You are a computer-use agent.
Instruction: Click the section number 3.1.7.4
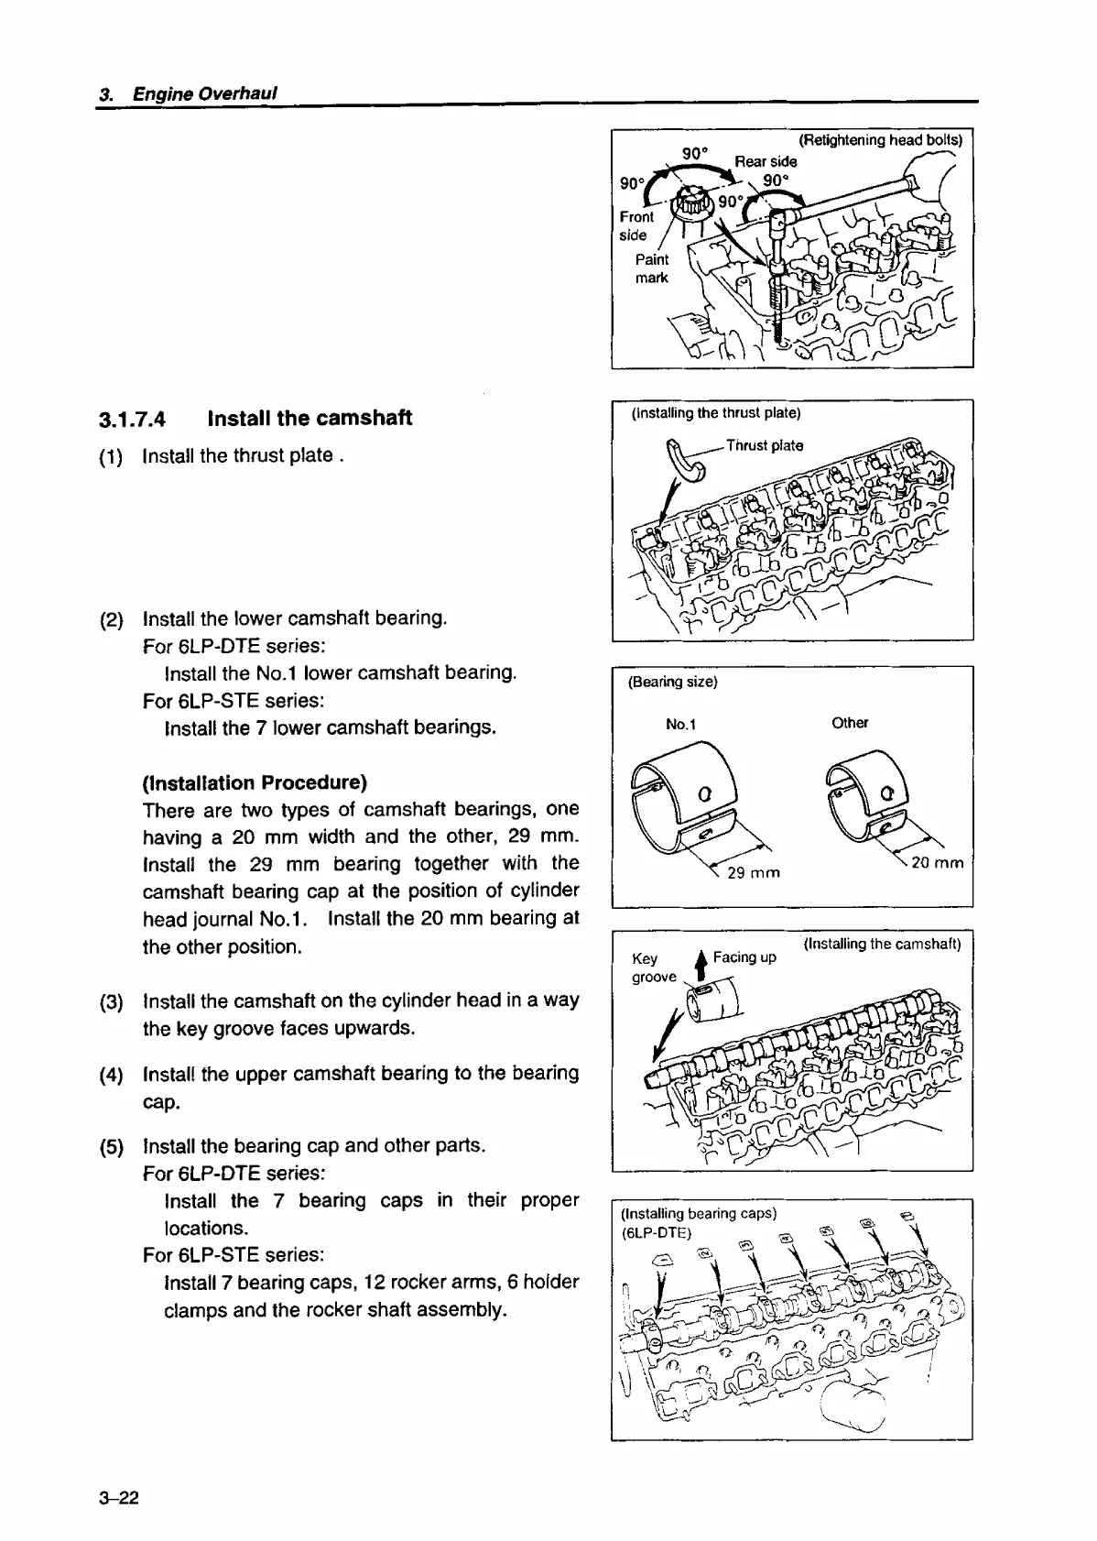[132, 421]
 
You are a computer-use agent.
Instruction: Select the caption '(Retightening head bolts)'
[880, 140]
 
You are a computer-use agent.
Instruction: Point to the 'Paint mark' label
[652, 268]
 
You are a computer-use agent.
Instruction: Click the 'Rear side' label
[766, 161]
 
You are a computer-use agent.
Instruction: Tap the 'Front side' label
[636, 225]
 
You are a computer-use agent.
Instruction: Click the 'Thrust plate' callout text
[765, 446]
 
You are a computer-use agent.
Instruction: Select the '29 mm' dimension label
[753, 872]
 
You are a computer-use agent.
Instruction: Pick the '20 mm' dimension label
[938, 862]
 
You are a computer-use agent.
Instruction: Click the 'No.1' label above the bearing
[680, 725]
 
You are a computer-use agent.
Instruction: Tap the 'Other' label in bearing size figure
[850, 723]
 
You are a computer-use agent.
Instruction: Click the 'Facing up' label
[744, 957]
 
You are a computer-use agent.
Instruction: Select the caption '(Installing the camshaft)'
[882, 944]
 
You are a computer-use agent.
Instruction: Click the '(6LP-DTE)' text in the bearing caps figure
[656, 1232]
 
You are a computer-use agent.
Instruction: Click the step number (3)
[111, 1001]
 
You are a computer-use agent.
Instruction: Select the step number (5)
[111, 1147]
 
